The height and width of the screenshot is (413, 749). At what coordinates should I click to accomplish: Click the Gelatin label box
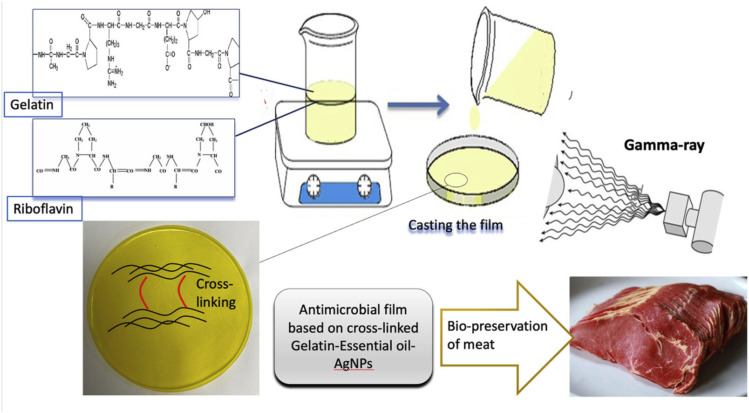click(33, 104)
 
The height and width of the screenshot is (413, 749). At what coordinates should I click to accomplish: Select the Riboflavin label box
click(44, 208)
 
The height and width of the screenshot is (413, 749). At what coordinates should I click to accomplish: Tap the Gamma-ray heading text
click(664, 145)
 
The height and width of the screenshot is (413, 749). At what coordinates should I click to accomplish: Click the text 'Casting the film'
click(456, 225)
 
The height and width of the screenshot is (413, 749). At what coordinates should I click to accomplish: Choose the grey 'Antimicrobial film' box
click(353, 337)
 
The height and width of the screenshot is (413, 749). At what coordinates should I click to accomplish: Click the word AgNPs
click(353, 364)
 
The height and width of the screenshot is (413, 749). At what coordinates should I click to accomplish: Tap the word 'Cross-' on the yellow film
click(214, 284)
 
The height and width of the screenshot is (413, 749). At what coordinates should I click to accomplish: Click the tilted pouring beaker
click(512, 63)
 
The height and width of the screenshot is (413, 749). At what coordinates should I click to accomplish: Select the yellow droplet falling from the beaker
click(475, 117)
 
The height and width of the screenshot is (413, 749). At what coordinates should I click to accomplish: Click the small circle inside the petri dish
click(456, 180)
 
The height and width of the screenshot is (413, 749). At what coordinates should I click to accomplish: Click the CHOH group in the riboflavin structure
click(206, 124)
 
